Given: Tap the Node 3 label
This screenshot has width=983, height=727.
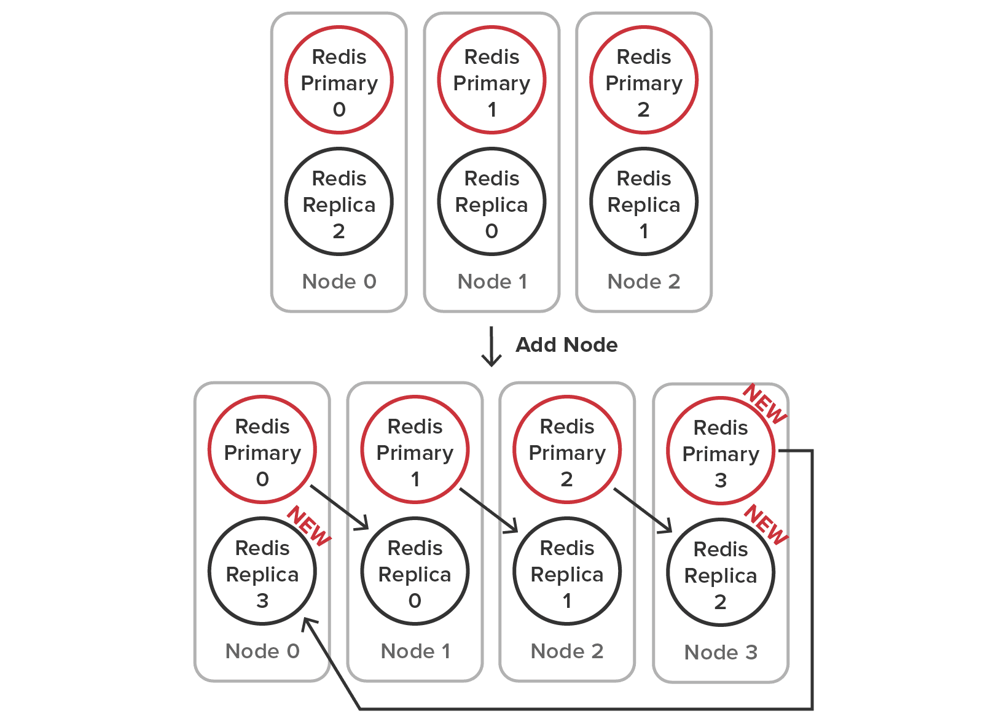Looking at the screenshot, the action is pyautogui.click(x=721, y=652).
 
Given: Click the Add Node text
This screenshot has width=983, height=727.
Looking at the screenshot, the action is pyautogui.click(x=566, y=344).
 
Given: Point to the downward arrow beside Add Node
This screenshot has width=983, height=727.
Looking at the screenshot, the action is pyautogui.click(x=491, y=346).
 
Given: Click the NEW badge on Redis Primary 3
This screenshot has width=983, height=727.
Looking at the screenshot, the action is pyautogui.click(x=765, y=403).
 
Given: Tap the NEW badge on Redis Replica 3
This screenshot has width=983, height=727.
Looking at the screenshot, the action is pyautogui.click(x=310, y=526).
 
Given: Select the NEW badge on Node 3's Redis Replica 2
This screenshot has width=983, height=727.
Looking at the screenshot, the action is pyautogui.click(x=766, y=524).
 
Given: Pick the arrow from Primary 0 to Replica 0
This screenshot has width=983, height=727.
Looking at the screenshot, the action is pyautogui.click(x=339, y=507).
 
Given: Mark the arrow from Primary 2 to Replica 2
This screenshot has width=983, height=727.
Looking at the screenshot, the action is pyautogui.click(x=643, y=510).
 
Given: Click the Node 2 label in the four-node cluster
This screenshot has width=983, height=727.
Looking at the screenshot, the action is pyautogui.click(x=567, y=651).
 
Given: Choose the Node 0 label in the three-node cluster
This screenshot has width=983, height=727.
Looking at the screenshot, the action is pyautogui.click(x=339, y=281).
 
